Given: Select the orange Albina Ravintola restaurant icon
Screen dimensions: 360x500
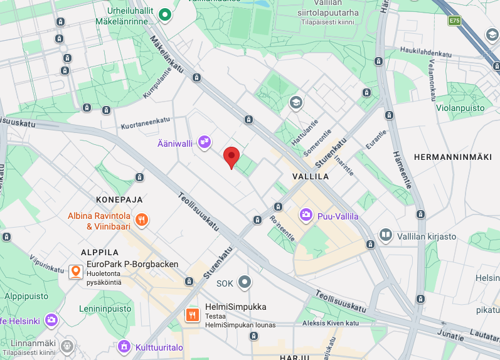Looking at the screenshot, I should tap(142, 220).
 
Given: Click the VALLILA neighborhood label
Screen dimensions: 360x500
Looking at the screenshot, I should tap(311, 177).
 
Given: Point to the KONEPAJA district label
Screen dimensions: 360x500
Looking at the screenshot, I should tap(119, 199).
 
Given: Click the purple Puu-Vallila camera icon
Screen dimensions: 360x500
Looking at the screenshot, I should tap(306, 216).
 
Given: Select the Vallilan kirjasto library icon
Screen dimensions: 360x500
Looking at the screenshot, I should tap(386, 236).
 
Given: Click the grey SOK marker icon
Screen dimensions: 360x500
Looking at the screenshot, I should tap(244, 283).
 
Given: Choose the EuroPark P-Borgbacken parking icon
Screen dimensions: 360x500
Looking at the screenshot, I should tap(76, 272).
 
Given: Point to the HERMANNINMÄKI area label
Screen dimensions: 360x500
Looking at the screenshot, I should tap(453, 157).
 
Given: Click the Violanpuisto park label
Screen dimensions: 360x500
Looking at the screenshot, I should tap(460, 108).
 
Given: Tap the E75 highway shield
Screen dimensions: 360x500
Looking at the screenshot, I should tap(454, 21).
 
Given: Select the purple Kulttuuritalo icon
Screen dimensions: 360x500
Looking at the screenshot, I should tap(124, 346).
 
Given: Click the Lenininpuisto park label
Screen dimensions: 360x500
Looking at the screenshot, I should tap(105, 309).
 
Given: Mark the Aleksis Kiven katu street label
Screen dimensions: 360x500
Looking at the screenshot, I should tap(331, 323).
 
